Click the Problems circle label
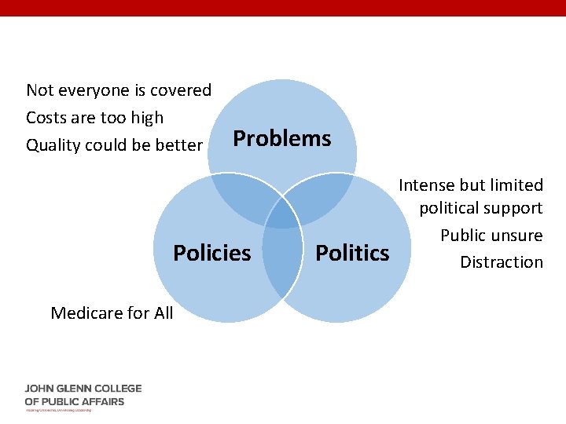[282, 138]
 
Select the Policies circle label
[211, 253]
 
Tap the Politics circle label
[352, 253]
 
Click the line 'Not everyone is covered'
[119, 90]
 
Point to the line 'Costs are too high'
[95, 118]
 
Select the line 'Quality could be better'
[115, 145]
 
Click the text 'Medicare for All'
[112, 313]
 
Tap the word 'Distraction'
[502, 261]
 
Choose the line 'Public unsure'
[491, 236]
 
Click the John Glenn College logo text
[83, 395]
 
